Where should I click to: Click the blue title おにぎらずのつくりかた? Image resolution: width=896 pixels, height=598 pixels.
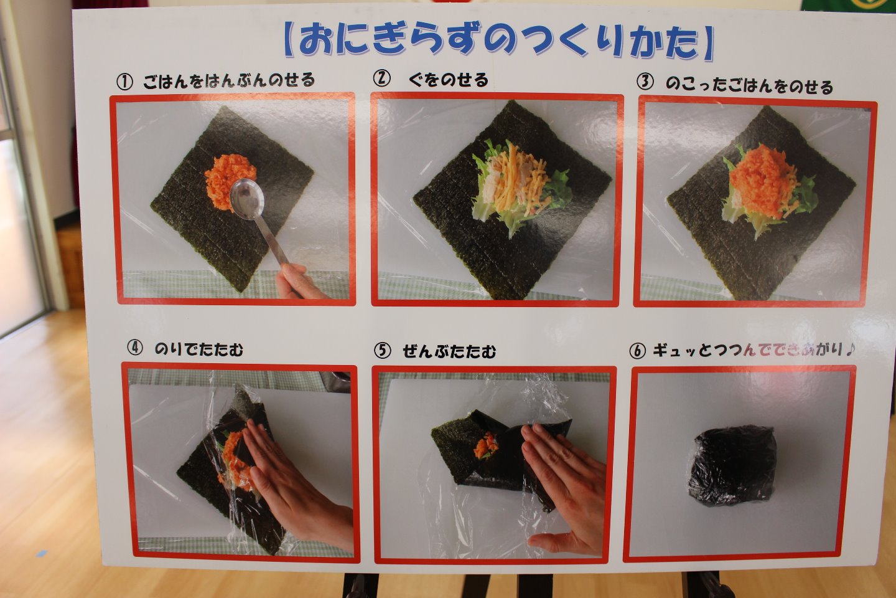(499, 42)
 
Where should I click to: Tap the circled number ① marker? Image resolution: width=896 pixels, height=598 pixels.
(124, 82)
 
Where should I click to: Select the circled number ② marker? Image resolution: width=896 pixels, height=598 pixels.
(381, 78)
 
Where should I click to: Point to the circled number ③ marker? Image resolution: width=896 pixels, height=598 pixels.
(645, 82)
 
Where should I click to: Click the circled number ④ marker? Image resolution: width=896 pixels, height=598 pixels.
(135, 347)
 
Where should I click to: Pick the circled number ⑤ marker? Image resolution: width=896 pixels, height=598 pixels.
(382, 351)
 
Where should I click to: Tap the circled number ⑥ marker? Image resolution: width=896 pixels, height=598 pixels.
(637, 351)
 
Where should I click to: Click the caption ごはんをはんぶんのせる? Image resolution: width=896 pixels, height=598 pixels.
(229, 80)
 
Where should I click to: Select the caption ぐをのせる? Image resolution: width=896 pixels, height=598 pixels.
(449, 80)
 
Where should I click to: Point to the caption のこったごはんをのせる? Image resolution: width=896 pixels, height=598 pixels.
(749, 87)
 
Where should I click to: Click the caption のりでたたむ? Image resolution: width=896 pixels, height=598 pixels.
(199, 349)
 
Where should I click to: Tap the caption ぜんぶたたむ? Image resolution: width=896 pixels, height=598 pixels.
(449, 352)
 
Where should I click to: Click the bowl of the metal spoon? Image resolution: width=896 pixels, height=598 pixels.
(247, 199)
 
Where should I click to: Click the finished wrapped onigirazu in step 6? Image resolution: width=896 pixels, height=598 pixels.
(732, 464)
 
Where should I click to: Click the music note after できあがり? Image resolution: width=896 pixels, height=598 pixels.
(850, 349)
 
